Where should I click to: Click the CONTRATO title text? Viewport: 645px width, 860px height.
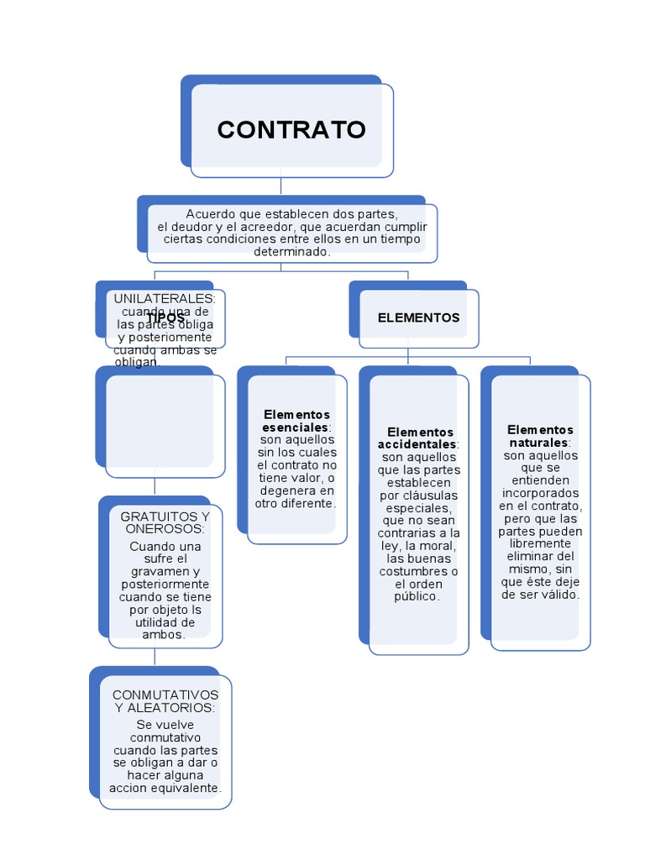tap(291, 130)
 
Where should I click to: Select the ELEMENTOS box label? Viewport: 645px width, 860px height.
tap(418, 317)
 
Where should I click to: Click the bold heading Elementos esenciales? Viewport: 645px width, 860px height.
tap(296, 421)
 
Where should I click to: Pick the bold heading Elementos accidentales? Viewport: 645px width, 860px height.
tap(416, 438)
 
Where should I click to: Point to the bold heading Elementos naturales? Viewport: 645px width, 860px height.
tap(540, 436)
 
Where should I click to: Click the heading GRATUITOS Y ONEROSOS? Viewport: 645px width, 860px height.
tap(165, 522)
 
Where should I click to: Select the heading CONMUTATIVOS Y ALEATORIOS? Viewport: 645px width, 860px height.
tap(165, 701)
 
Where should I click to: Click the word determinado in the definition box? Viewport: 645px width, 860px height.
tap(292, 251)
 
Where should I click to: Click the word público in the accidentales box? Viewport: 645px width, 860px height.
tap(417, 596)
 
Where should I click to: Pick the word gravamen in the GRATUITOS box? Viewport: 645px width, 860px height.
tap(157, 572)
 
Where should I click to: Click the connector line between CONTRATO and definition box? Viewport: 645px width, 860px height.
tap(281, 186)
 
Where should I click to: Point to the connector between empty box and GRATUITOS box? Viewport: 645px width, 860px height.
tap(155, 486)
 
